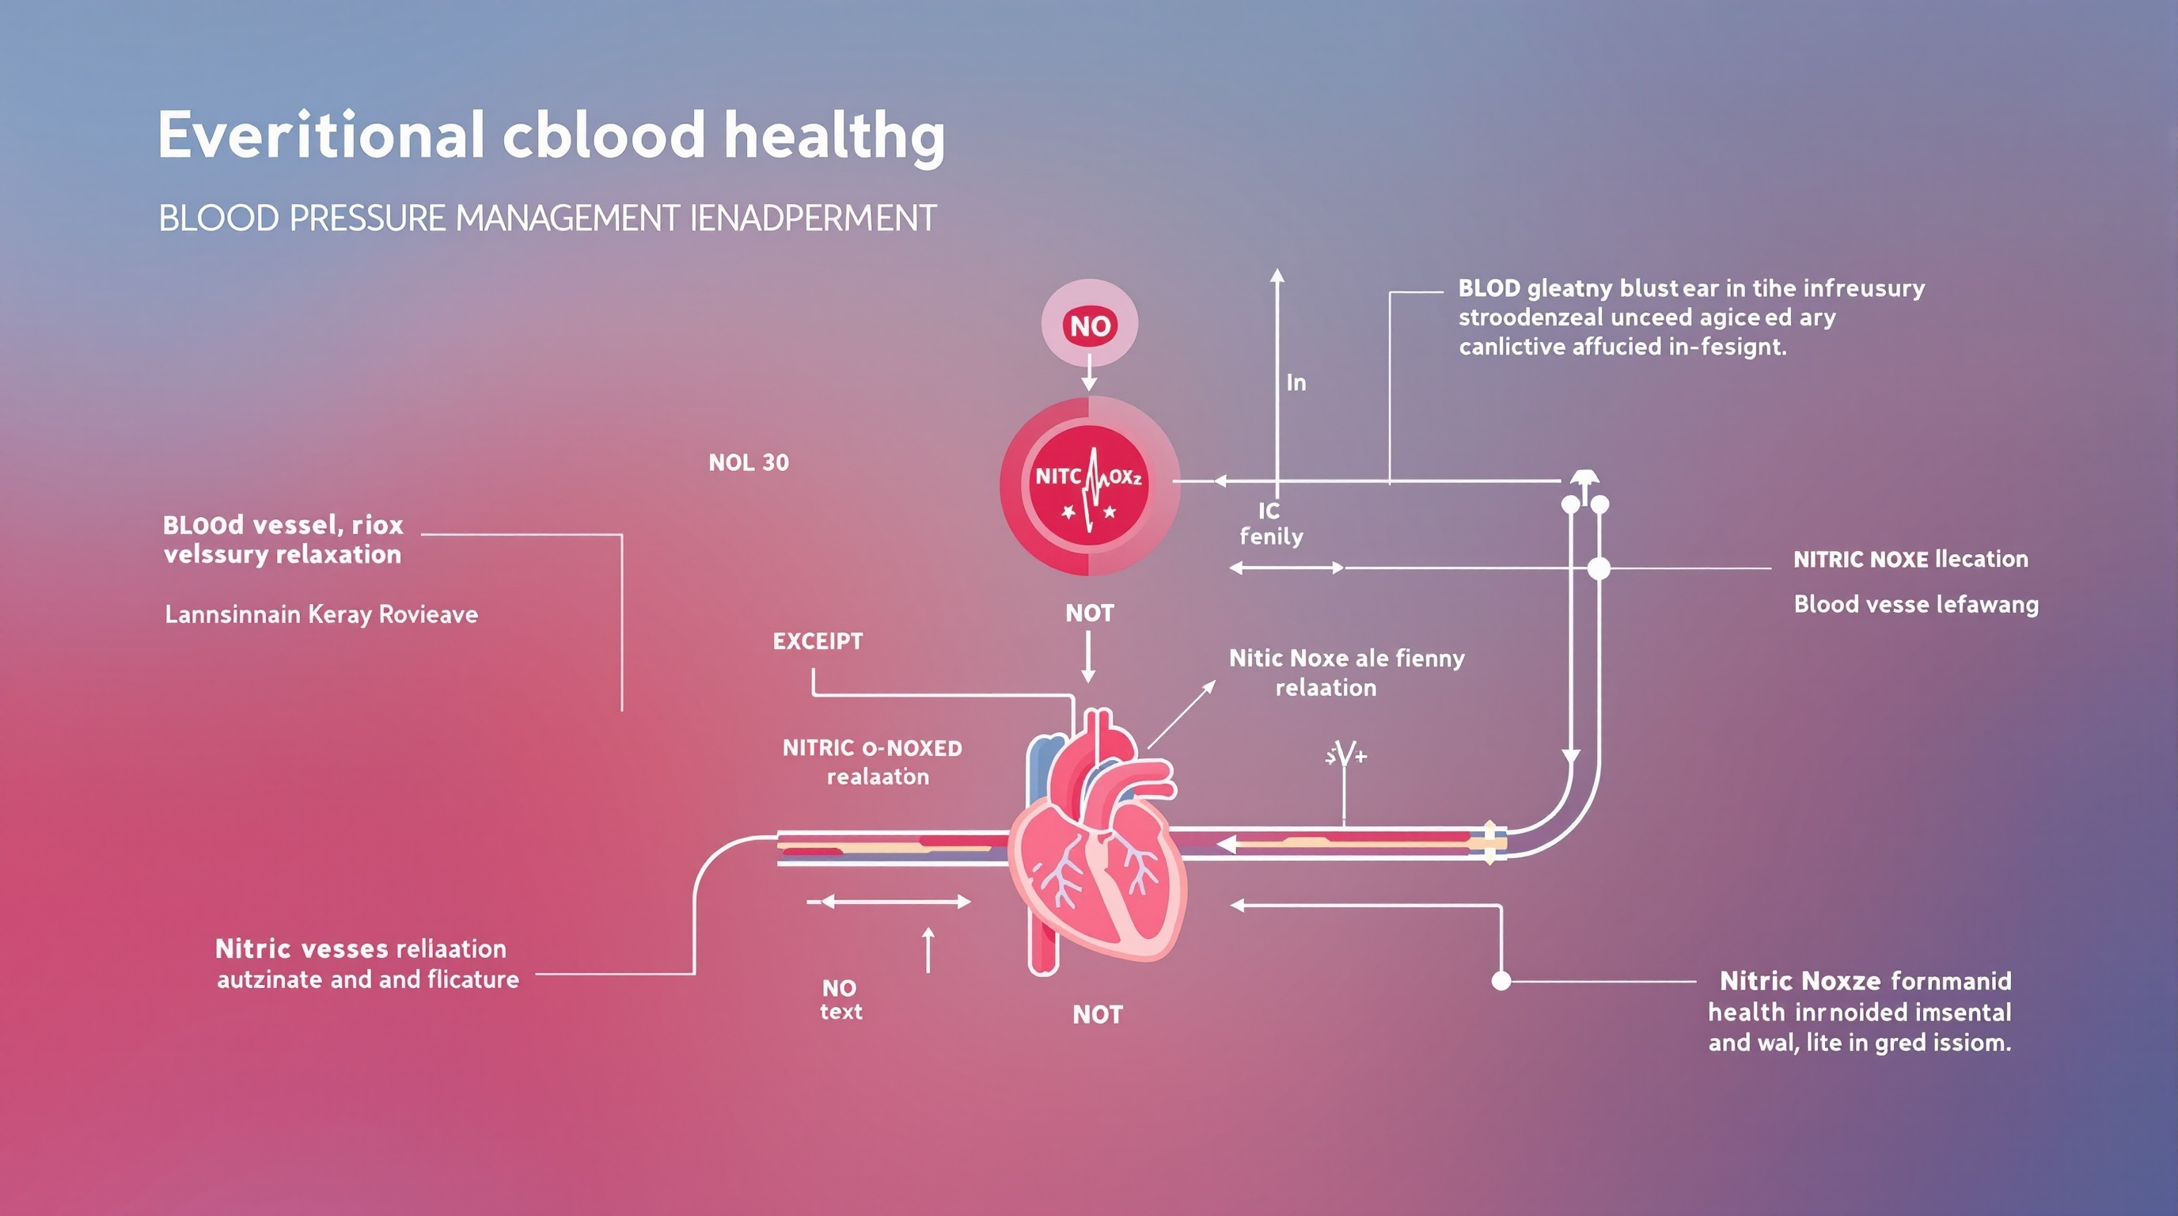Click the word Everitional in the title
click(321, 136)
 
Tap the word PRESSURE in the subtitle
click(368, 219)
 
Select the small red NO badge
click(1090, 325)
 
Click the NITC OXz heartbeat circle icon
click(1089, 487)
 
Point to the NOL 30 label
click(748, 462)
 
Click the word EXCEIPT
click(818, 641)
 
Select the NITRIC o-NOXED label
click(871, 748)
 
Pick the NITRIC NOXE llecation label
click(1910, 559)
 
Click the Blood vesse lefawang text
click(1916, 605)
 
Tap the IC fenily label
click(1271, 523)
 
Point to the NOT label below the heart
click(1098, 1014)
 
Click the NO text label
click(840, 1000)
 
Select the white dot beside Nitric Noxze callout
click(1501, 981)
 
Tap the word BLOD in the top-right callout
click(1489, 288)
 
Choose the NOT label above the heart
click(1089, 613)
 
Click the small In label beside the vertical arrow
click(1296, 383)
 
